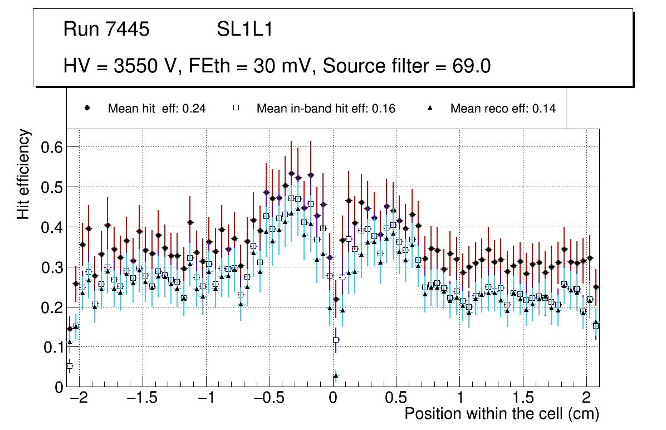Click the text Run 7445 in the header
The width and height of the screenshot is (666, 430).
[x=106, y=30]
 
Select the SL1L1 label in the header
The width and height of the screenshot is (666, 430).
[x=245, y=30]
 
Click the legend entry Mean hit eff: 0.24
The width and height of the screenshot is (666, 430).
[x=156, y=109]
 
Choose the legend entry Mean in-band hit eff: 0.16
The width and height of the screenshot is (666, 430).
[x=326, y=109]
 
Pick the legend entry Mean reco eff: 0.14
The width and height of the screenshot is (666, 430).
[x=503, y=109]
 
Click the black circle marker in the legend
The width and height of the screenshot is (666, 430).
[x=87, y=108]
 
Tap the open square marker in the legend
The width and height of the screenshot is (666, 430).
[x=236, y=108]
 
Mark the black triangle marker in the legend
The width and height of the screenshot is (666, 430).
[x=430, y=108]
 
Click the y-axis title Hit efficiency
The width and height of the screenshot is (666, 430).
[x=24, y=174]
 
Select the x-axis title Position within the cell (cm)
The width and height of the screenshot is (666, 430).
[x=501, y=414]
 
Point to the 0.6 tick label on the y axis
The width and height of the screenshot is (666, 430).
[x=50, y=147]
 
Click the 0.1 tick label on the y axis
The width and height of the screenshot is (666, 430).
[x=50, y=348]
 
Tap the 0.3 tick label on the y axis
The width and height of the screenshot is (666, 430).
[x=50, y=267]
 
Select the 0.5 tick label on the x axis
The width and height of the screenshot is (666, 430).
[x=396, y=399]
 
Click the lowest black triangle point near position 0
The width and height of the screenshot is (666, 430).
[x=336, y=376]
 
